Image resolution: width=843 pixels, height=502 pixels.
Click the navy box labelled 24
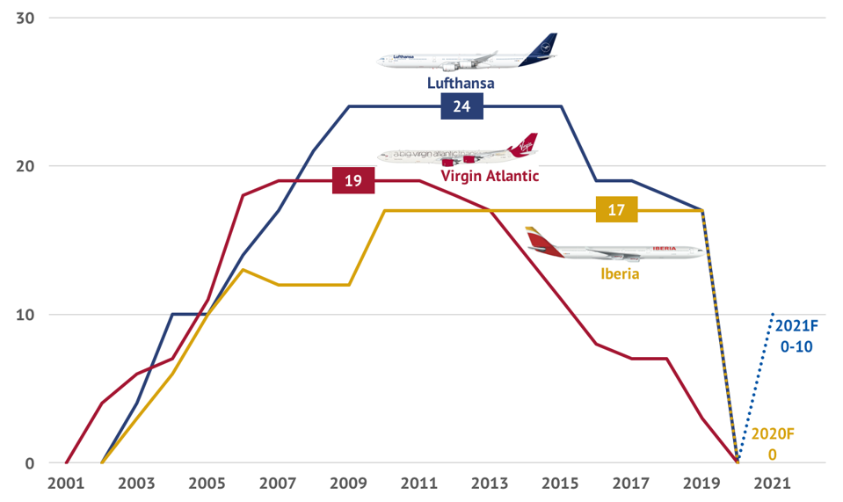point(461,106)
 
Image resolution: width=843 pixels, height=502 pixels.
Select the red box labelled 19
point(353,181)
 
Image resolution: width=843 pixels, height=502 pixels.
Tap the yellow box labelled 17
point(616,210)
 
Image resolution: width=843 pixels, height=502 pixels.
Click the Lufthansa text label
point(461,84)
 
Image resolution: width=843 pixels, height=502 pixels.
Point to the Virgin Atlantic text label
point(490,176)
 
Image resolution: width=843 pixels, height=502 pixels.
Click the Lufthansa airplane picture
point(467,55)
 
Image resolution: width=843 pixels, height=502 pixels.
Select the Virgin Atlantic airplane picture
point(458,151)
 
